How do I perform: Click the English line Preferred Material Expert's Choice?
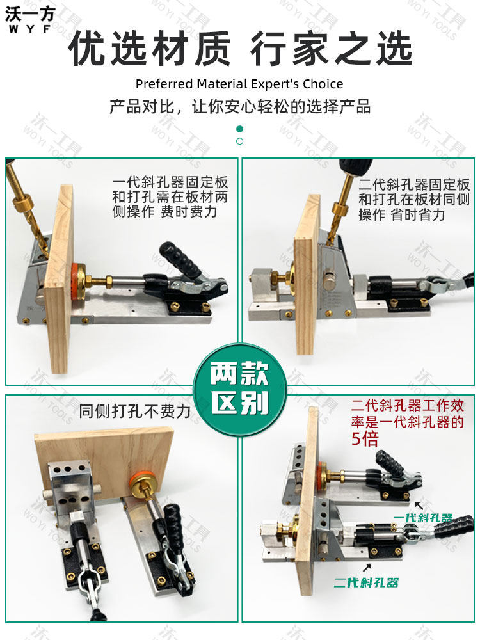(x=239, y=84)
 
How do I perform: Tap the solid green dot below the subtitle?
(x=240, y=129)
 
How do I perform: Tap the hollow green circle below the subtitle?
(x=240, y=141)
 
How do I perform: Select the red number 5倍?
(x=365, y=439)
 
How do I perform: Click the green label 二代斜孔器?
(x=366, y=582)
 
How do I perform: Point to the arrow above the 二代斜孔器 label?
(x=367, y=567)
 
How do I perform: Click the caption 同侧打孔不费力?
(x=135, y=412)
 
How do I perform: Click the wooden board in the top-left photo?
(x=60, y=282)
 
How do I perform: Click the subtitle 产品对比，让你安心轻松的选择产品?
(x=240, y=106)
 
